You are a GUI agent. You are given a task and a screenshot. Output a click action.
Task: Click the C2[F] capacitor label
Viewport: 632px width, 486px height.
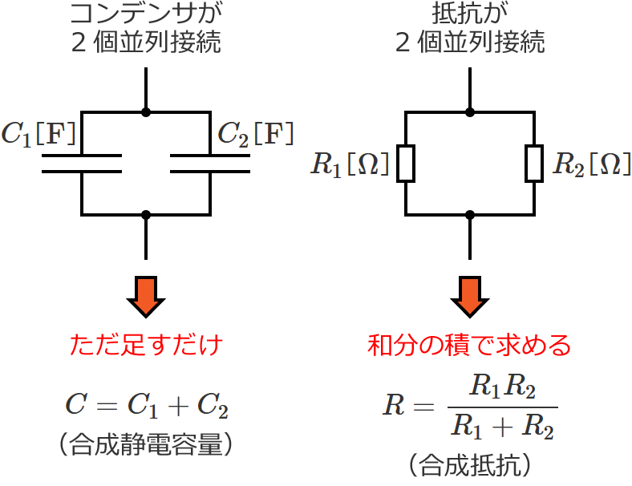(255, 133)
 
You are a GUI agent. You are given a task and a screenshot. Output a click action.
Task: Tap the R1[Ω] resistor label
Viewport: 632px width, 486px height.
(350, 164)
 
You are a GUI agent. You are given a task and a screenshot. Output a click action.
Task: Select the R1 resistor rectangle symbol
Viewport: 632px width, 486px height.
(406, 164)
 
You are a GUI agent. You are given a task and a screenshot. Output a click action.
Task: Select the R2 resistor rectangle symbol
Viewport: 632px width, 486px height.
(534, 164)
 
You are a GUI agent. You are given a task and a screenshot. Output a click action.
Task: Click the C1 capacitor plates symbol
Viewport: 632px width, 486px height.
(82, 163)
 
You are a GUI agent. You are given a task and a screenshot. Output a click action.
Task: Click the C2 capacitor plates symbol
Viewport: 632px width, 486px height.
(210, 163)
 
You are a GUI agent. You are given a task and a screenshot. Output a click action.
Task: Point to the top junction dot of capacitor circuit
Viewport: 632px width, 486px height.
(146, 111)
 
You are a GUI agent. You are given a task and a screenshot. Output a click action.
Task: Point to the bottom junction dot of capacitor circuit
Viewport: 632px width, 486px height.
(146, 215)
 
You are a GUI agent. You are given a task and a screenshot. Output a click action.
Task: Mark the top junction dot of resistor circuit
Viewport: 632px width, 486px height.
(470, 111)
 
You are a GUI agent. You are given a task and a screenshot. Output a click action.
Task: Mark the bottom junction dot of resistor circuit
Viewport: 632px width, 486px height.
(470, 215)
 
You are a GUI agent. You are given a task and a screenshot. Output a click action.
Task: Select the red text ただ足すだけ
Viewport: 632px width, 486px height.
(146, 346)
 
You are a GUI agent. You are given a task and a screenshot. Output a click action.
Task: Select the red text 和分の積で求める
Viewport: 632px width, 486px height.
(469, 346)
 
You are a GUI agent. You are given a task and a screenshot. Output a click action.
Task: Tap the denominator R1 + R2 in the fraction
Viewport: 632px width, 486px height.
(501, 426)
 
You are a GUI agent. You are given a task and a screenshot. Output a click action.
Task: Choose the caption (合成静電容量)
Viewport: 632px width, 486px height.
(146, 443)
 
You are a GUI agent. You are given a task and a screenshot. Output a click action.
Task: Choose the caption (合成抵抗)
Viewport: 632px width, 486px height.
(469, 464)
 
